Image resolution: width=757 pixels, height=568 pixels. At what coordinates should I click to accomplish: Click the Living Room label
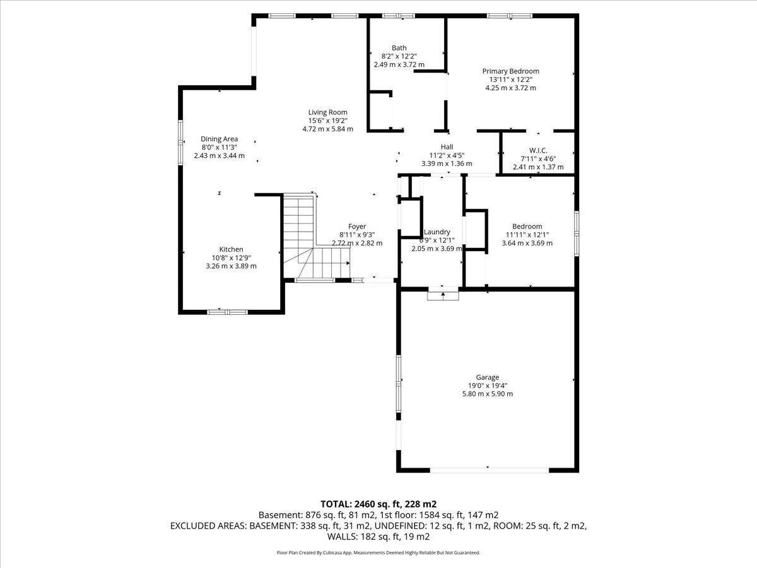coord(327,112)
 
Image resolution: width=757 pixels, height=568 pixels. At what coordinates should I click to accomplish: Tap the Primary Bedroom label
coord(510,71)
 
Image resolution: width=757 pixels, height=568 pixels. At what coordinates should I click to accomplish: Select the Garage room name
coord(487,377)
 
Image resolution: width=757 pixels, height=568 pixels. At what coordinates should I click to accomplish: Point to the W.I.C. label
coord(538,151)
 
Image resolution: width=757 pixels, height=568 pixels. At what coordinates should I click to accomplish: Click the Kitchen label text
coord(231,249)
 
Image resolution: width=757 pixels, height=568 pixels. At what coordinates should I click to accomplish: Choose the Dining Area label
coord(220,139)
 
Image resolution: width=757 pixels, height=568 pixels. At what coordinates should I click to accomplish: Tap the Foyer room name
coord(357,227)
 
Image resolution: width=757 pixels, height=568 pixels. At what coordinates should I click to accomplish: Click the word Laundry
coord(437,232)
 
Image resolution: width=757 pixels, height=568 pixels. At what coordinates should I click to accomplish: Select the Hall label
coord(447,147)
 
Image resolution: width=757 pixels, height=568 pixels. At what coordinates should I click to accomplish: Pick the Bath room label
coord(399,48)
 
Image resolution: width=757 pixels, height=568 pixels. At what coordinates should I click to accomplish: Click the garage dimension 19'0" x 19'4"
coord(487,386)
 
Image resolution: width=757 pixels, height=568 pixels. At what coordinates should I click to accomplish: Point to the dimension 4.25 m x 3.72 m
coord(510,88)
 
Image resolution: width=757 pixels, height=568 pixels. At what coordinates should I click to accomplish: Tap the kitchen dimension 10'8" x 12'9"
coord(231,257)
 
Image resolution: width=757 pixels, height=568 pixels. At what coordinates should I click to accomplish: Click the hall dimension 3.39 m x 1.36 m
coord(447,164)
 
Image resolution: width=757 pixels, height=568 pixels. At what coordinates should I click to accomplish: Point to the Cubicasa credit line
coord(378,553)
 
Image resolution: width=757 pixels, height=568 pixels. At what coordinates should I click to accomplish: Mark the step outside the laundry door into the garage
coord(443,296)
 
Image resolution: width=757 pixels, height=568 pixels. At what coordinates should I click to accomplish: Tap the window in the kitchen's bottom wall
coord(228,312)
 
